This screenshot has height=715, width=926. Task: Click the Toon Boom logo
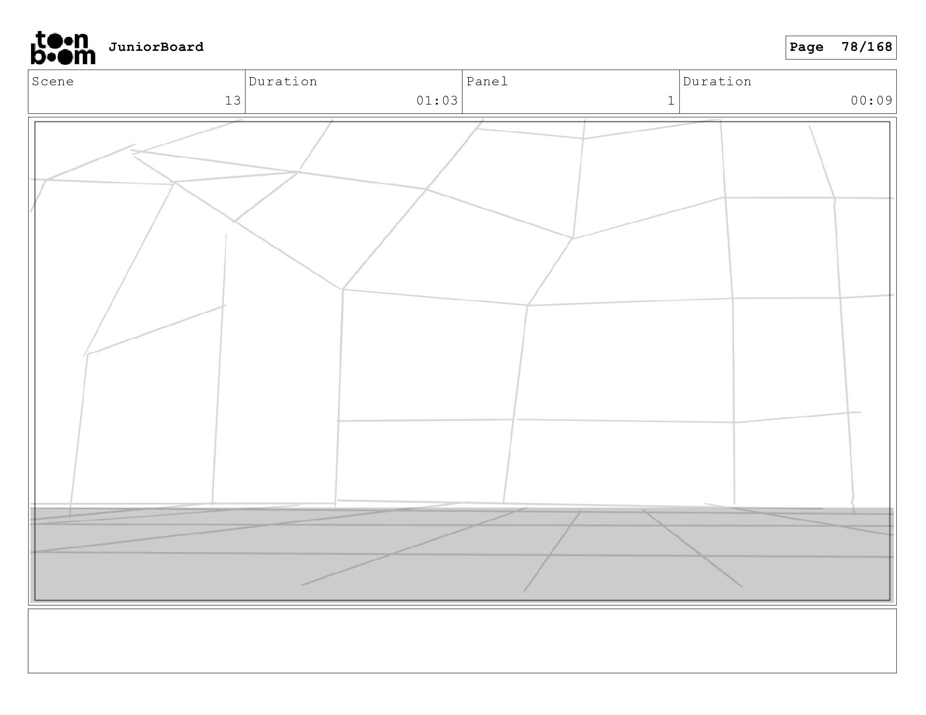point(63,47)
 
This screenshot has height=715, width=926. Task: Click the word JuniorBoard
point(156,47)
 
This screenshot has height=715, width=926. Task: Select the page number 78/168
point(867,47)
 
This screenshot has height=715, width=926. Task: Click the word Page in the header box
point(806,47)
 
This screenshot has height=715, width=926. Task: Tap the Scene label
point(53,82)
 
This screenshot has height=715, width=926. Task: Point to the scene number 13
point(233,100)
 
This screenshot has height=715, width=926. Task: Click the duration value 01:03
point(437,100)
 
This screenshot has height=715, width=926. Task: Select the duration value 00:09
point(871,100)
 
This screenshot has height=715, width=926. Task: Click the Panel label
point(487,82)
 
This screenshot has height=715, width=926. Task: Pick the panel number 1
point(671,100)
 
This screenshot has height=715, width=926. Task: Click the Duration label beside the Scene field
point(283,82)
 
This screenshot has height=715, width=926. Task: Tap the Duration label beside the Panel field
point(717,82)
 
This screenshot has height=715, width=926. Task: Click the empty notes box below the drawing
point(462,641)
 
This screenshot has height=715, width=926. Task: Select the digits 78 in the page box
point(849,47)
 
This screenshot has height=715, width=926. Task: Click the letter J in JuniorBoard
point(112,47)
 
